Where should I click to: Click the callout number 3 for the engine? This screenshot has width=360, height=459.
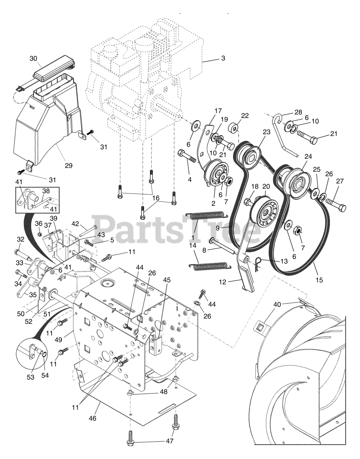pyautogui.click(x=223, y=58)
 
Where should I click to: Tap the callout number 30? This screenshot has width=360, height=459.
pyautogui.click(x=33, y=58)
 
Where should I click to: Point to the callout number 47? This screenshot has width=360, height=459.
pyautogui.click(x=170, y=441)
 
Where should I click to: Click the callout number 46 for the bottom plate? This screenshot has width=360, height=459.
pyautogui.click(x=92, y=418)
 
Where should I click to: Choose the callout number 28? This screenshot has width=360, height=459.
pyautogui.click(x=298, y=112)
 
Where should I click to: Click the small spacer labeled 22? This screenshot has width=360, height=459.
pyautogui.click(x=235, y=127)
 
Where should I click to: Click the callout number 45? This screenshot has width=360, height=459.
pyautogui.click(x=166, y=279)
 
